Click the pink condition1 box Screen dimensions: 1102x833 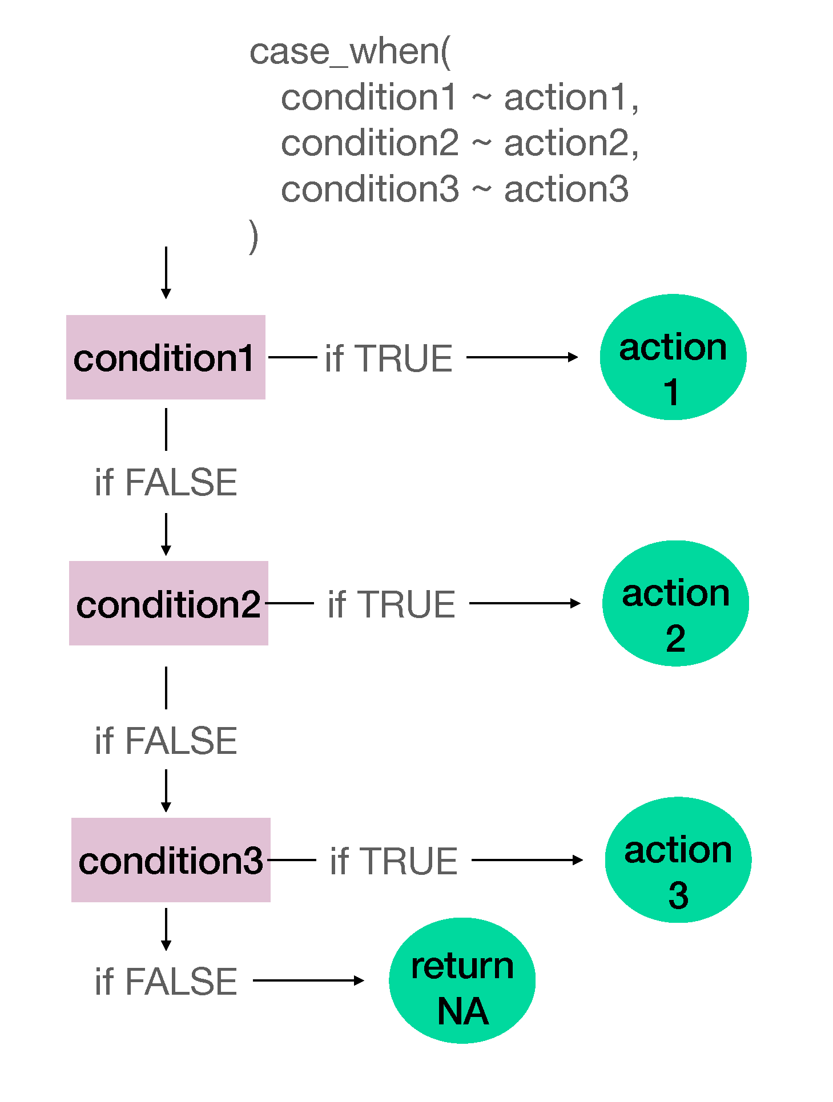pyautogui.click(x=166, y=357)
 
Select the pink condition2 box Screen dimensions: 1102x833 pyautogui.click(x=168, y=603)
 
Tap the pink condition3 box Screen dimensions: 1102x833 pyautogui.click(x=171, y=860)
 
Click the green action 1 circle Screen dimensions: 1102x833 pyautogui.click(x=673, y=357)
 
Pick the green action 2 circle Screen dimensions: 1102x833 pyautogui.click(x=675, y=603)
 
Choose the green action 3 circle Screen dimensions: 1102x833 pyautogui.click(x=678, y=859)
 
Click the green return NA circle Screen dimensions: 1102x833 pyautogui.click(x=462, y=980)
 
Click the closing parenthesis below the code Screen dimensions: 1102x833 pyautogui.click(x=253, y=236)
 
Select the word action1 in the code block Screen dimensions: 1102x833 pyautogui.click(x=566, y=97)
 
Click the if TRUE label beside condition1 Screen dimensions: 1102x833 pyautogui.click(x=389, y=358)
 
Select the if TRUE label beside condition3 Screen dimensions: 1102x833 pyautogui.click(x=393, y=861)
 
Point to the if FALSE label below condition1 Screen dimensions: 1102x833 pyautogui.click(x=166, y=482)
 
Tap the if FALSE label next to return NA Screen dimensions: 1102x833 pyautogui.click(x=166, y=982)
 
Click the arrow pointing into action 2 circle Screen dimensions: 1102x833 pyautogui.click(x=525, y=603)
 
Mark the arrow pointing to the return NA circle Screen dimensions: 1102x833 pyautogui.click(x=308, y=980)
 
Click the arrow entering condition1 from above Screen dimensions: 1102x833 pyautogui.click(x=166, y=272)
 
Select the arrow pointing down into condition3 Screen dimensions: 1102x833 pyautogui.click(x=166, y=790)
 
